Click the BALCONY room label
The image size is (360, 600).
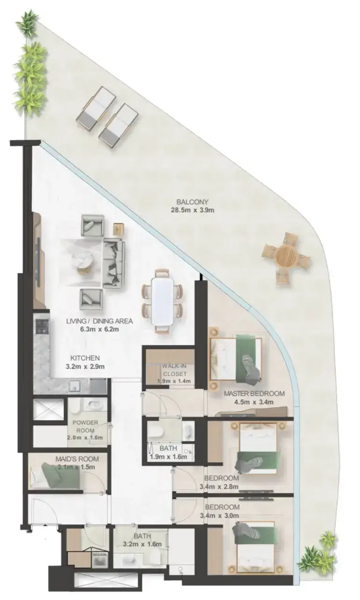coord(192,202)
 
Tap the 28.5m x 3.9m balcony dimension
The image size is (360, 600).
coord(192,210)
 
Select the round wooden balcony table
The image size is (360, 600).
coord(286,255)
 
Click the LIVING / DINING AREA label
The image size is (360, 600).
coord(99,321)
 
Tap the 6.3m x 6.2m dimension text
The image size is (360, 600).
coord(99,329)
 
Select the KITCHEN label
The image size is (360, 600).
coord(85,358)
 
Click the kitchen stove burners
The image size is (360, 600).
coord(41,326)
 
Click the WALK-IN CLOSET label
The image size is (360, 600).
coord(175,370)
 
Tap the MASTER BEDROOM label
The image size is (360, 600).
coord(254,393)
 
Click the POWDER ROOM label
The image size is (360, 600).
coord(85,427)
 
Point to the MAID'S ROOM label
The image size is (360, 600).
coord(77,459)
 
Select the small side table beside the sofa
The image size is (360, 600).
coord(119,229)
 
